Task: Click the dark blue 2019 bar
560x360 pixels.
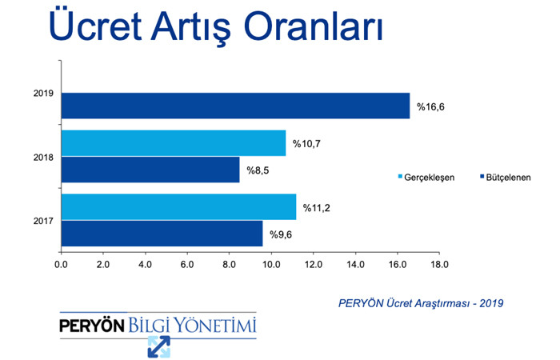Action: (236, 106)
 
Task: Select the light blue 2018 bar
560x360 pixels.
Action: (174, 143)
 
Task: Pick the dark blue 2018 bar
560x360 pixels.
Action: (150, 170)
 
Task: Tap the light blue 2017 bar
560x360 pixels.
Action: (178, 206)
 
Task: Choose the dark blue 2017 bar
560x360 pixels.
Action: (162, 234)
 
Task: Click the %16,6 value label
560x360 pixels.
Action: (430, 106)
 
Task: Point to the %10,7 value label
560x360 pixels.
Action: (306, 144)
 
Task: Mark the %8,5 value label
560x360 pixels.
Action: (258, 170)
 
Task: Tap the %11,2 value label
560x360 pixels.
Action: (317, 208)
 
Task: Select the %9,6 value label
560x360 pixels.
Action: (281, 234)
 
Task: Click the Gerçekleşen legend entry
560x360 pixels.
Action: (426, 178)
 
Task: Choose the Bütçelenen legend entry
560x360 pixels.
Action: (506, 178)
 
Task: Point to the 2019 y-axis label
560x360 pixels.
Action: (43, 94)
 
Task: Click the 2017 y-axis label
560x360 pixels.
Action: (43, 221)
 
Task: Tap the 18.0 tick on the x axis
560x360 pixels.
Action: (439, 264)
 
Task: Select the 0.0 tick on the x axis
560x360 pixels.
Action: (61, 264)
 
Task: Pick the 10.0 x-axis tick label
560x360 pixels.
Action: (271, 264)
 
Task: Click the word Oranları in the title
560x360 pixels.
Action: (314, 26)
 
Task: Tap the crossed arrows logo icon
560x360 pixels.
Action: (159, 346)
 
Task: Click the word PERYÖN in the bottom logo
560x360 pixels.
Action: (92, 326)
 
